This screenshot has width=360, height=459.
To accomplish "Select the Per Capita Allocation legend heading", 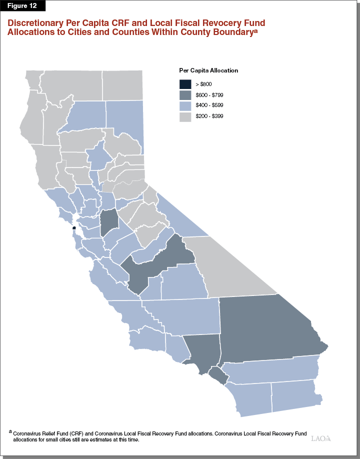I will point(208,70).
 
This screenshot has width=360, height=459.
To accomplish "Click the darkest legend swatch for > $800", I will point(185,84).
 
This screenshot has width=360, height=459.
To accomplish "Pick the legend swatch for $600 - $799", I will point(185,95).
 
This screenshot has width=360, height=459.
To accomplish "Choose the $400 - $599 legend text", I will point(209,105).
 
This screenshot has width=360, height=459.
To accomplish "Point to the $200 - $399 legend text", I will point(209,116).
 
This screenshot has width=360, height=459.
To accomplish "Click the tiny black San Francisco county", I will point(74,228).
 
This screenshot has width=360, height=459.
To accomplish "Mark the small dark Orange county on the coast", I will point(215,374).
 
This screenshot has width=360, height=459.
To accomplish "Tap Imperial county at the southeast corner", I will point(295,395).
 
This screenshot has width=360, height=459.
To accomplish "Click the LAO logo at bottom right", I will point(320,438).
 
